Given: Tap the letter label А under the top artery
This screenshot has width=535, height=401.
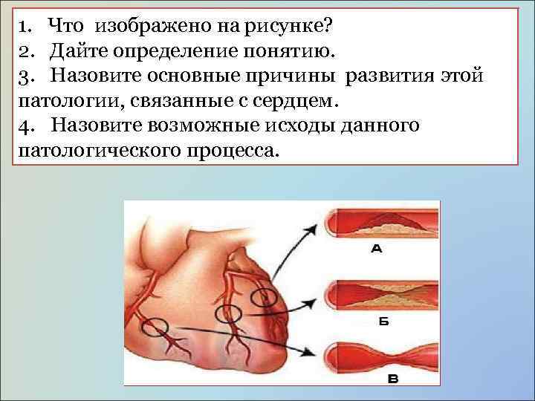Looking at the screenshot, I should coord(376,250).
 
